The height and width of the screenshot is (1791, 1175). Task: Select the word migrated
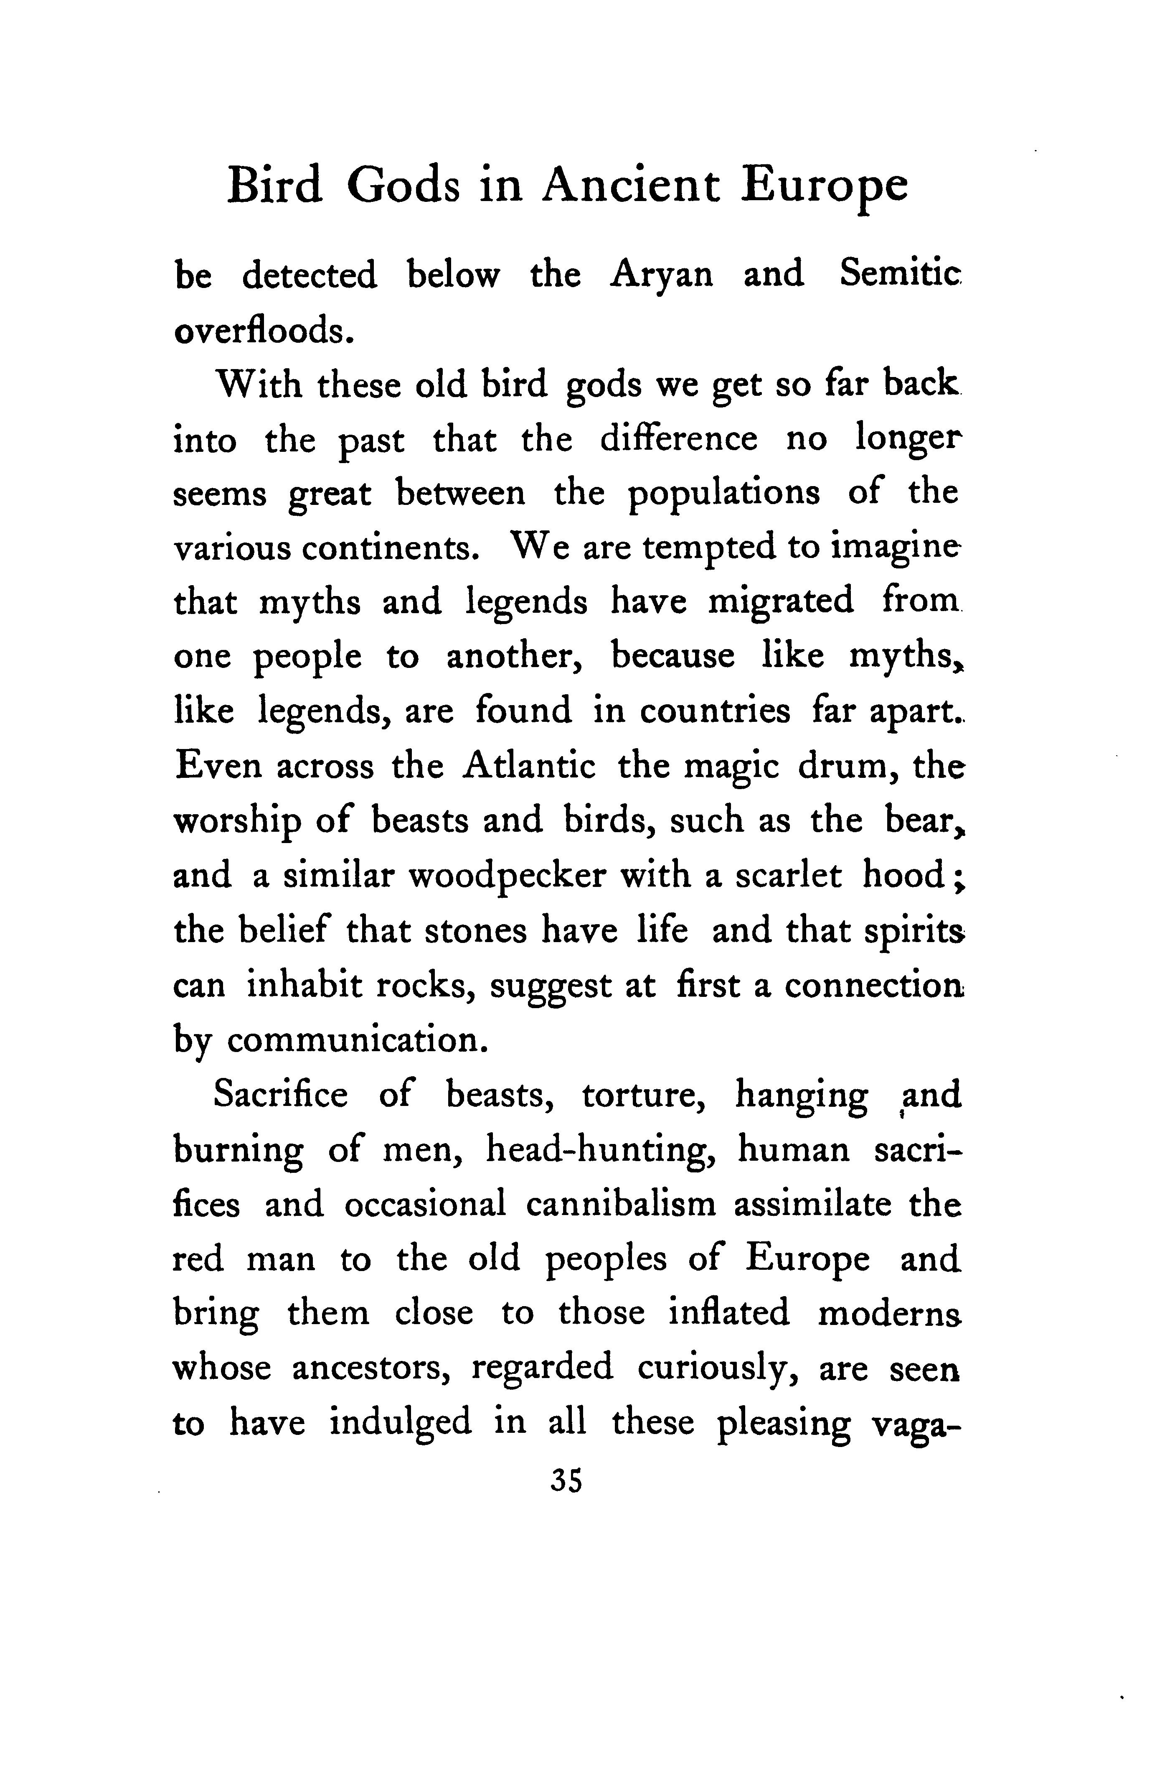point(781,601)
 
